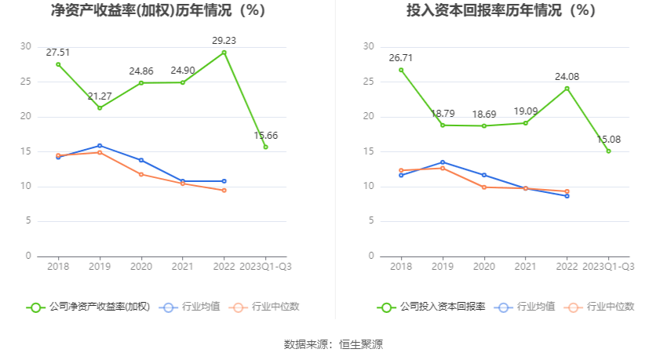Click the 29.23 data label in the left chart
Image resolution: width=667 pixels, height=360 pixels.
point(224,40)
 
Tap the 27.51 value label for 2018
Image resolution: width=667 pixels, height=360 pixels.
point(58,53)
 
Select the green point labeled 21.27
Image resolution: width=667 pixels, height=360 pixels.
point(100,107)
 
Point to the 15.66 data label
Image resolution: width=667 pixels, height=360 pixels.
point(265,135)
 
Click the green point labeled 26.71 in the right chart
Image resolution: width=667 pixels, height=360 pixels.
point(401,70)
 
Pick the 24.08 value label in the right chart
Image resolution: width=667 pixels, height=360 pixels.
point(567,76)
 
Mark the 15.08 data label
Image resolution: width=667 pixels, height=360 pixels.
point(608,139)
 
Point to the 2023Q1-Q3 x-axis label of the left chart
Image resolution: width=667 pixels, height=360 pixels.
point(265,267)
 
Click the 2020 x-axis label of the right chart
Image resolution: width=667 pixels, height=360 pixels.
point(484,267)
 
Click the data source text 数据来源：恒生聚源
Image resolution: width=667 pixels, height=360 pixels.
point(333,344)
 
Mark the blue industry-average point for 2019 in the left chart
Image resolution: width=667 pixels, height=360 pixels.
point(100,145)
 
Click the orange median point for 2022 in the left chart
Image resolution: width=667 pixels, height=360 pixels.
point(224,190)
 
